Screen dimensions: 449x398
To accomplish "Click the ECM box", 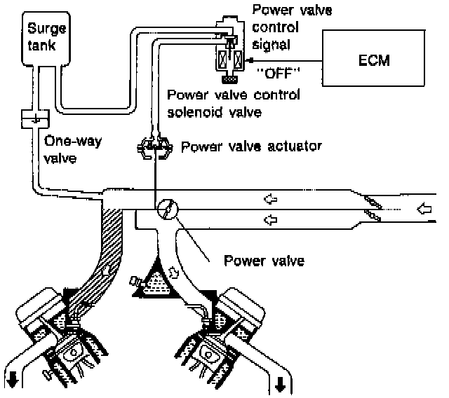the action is [x=373, y=58].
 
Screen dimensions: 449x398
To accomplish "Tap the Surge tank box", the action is [x=46, y=39].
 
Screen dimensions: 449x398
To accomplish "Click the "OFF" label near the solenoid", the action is [x=278, y=74].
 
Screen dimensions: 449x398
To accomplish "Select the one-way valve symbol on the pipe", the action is [x=36, y=118].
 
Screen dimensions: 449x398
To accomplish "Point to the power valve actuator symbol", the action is [x=155, y=147].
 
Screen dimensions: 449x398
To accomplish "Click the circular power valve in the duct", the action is [x=168, y=210].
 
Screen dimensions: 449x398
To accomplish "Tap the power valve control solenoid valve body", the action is [x=229, y=48].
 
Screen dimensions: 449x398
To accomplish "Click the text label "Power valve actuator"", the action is [x=251, y=146].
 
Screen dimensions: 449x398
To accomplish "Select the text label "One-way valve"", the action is [x=73, y=149].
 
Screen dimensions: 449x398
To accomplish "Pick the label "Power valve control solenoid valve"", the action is [x=234, y=104].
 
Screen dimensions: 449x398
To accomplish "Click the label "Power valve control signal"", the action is [x=292, y=27].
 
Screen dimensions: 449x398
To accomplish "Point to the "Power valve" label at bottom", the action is [x=264, y=261].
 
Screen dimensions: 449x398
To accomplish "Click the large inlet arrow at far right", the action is [x=424, y=208].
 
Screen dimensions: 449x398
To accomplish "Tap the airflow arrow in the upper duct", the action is [x=271, y=199].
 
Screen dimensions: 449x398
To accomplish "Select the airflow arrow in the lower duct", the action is [x=271, y=220].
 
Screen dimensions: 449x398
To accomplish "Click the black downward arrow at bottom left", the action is [x=13, y=380].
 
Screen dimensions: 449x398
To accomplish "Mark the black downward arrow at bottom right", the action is [x=280, y=384].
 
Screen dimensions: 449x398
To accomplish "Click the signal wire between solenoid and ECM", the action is [x=287, y=61].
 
